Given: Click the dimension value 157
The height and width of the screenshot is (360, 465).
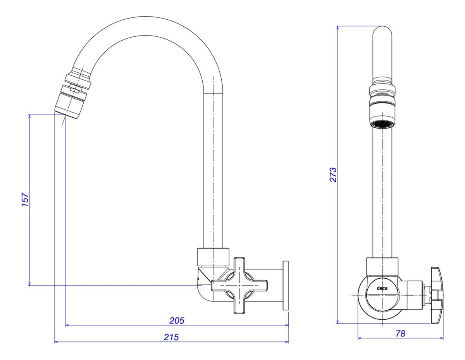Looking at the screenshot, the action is click(25, 199).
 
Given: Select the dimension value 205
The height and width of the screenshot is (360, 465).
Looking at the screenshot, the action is click(177, 321).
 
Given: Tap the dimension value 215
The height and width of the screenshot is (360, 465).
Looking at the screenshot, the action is click(171, 337).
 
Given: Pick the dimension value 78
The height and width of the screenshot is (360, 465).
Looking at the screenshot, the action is click(400, 333).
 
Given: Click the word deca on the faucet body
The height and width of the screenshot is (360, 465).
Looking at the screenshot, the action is click(382, 288).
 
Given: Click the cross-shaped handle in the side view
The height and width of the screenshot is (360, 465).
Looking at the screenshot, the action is click(239, 286).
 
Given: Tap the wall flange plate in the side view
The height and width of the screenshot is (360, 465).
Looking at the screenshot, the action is click(286, 285).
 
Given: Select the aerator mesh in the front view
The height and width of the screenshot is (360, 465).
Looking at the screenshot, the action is click(382, 124).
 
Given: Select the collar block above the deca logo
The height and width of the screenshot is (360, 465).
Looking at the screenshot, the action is click(382, 267).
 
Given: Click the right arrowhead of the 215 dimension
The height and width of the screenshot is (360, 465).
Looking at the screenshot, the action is click(287, 342).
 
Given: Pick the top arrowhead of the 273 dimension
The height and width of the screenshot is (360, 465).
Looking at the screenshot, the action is click(338, 28).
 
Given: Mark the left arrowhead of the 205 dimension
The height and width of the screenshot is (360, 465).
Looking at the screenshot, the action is click(67, 325).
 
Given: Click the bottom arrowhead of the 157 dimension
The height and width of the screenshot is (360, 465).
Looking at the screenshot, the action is click(29, 284).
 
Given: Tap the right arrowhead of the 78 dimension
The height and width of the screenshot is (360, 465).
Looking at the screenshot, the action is click(441, 338).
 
